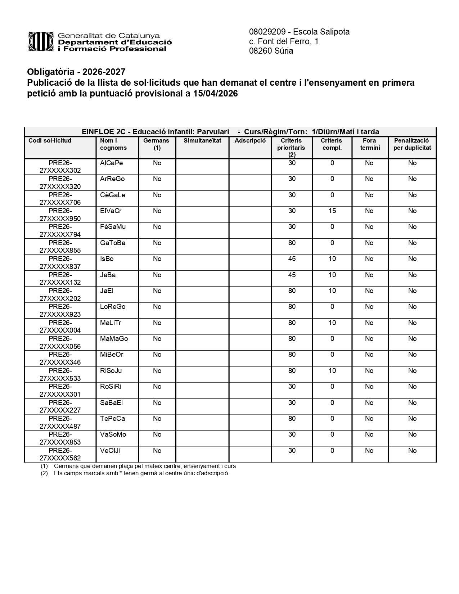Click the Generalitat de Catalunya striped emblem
41,42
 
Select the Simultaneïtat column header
202,141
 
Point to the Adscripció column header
250,141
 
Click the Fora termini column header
370,144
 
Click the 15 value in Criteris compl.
332,211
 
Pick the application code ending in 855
60,247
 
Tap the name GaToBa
113,243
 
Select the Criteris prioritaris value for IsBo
292,259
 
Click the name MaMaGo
114,339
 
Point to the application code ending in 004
60,327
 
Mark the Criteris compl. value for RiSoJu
332,371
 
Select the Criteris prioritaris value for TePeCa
292,419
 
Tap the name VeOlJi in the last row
110,451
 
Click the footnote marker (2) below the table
44,473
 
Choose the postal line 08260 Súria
271,51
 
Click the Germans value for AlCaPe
157,163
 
